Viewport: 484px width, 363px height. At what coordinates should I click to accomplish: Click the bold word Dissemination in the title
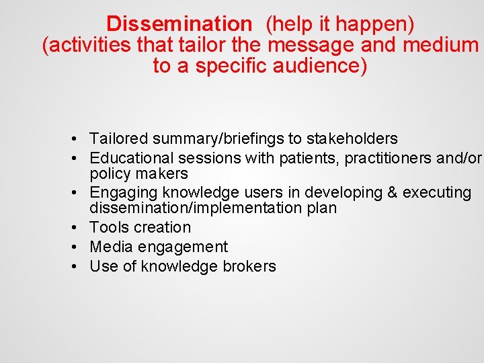178,24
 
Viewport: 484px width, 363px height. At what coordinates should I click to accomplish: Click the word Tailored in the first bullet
119,139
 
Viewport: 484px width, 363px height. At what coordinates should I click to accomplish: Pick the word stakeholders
352,139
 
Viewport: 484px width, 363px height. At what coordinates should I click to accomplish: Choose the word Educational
131,158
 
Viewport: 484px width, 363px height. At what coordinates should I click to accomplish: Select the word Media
108,247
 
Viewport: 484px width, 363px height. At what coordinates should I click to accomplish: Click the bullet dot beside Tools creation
79,228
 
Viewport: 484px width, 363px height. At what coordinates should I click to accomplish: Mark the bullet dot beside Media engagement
79,247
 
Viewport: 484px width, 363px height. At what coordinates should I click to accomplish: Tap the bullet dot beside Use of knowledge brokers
79,266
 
